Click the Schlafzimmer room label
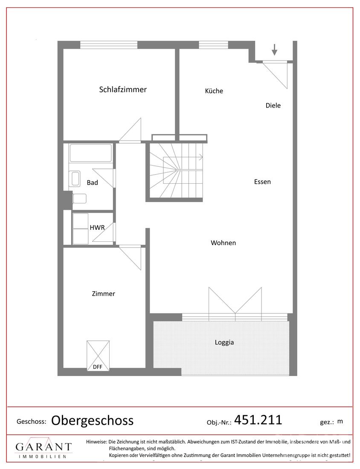tap(123, 90)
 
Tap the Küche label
tap(214, 91)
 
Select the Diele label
tap(273, 105)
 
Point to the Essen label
tap(262, 182)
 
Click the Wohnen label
tap(223, 243)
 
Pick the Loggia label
tap(224, 342)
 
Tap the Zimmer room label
tap(103, 294)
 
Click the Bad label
tap(92, 182)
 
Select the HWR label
tap(97, 227)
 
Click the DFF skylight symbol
tap(98, 356)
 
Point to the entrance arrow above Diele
tap(274, 49)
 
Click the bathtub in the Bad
tap(91, 153)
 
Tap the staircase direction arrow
tap(183, 157)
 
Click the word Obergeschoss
tap(92, 420)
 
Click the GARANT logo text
tap(44, 447)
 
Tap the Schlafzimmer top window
tap(109, 45)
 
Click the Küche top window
tap(214, 45)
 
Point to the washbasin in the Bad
tap(75, 179)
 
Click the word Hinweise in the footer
tap(96, 441)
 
